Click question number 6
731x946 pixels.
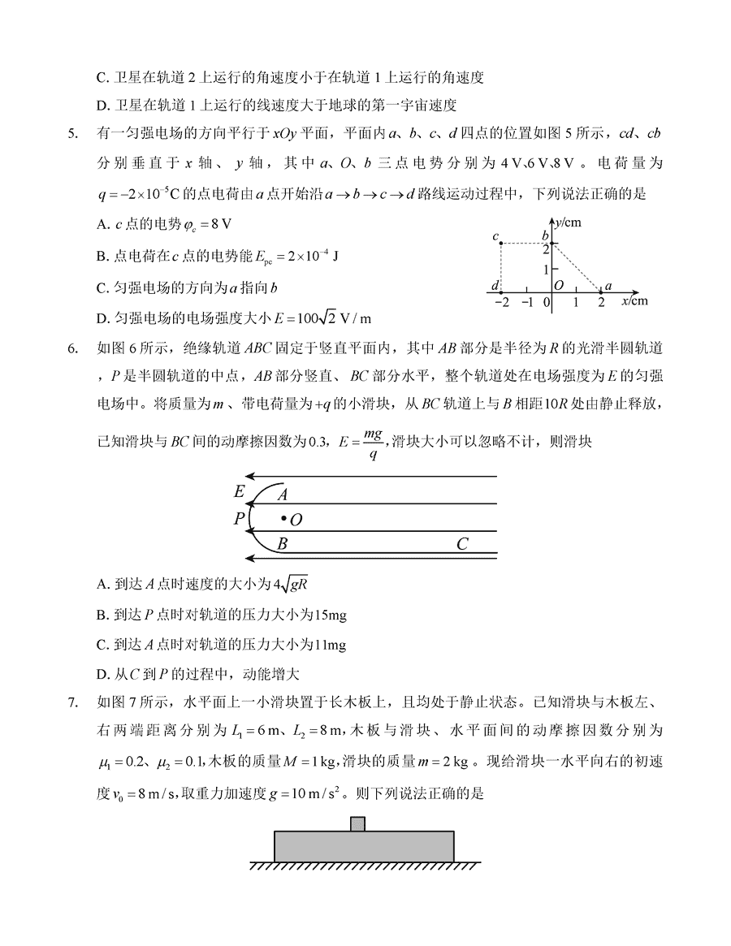click(74, 349)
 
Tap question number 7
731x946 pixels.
click(74, 699)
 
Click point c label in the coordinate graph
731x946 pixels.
click(495, 237)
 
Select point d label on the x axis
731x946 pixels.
click(495, 285)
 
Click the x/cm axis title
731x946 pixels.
click(635, 301)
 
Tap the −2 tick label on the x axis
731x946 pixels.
click(500, 302)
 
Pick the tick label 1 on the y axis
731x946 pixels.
click(547, 268)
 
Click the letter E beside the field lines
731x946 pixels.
click(239, 491)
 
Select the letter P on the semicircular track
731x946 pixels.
click(239, 519)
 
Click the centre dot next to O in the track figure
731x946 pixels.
click(282, 517)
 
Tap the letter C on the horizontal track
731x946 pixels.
click(462, 544)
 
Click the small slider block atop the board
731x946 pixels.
click(357, 823)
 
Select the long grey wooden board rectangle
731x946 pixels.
click(364, 845)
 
